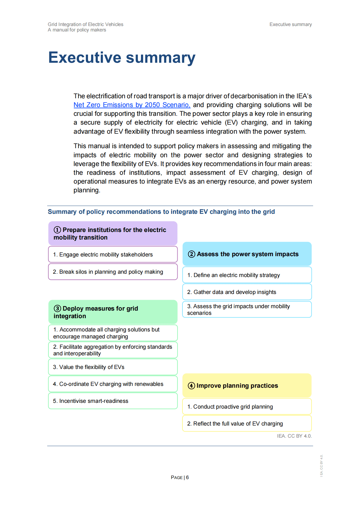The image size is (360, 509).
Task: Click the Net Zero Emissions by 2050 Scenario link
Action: (x=132, y=105)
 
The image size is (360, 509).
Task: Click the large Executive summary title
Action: (x=122, y=57)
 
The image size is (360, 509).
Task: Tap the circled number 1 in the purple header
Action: (x=57, y=230)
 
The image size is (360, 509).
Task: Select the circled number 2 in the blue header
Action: (x=191, y=254)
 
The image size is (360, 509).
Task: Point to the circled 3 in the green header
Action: (x=57, y=308)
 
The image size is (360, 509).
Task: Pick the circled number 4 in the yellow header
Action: (x=191, y=386)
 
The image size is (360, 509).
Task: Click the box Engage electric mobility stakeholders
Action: (x=113, y=254)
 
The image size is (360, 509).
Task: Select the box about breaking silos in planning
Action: (x=113, y=272)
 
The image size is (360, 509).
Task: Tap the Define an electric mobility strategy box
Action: (x=247, y=275)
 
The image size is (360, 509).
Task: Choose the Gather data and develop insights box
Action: (x=247, y=292)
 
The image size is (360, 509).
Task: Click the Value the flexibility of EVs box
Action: (x=113, y=367)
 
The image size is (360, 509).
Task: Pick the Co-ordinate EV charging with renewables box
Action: (x=113, y=384)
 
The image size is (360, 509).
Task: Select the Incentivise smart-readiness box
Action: (x=113, y=401)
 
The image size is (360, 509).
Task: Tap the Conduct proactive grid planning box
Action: (x=247, y=406)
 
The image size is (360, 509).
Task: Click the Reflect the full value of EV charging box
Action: (x=247, y=423)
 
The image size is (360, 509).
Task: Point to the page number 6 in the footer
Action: (x=187, y=477)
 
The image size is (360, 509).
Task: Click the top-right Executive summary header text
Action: (x=290, y=24)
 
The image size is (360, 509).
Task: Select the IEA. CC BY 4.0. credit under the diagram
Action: (x=294, y=436)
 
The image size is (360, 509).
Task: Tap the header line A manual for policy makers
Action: (x=77, y=30)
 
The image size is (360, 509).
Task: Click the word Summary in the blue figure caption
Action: (x=62, y=212)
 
